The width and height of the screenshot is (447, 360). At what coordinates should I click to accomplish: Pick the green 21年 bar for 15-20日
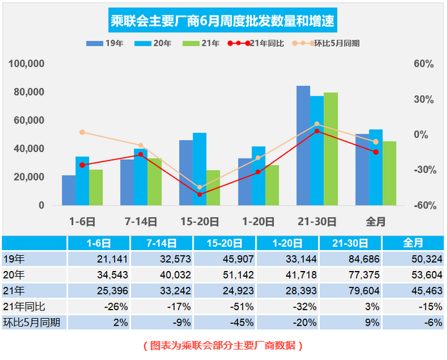[213, 188]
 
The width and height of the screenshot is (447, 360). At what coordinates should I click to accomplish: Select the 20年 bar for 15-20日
[200, 169]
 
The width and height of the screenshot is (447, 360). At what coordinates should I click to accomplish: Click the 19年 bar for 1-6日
[69, 190]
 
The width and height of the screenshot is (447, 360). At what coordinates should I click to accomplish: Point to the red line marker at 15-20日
[200, 194]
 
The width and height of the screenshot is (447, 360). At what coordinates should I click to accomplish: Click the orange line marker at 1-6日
[82, 132]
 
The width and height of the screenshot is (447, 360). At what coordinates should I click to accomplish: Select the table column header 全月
[413, 243]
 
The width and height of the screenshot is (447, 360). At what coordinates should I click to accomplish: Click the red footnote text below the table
[223, 344]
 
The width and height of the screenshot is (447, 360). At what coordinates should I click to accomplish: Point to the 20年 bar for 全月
[376, 168]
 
